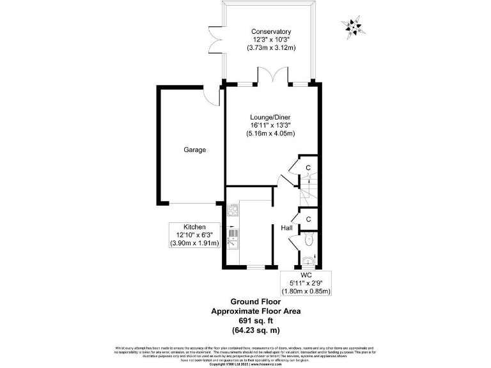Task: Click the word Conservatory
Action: (271, 32)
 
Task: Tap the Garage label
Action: (195, 150)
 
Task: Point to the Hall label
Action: (286, 227)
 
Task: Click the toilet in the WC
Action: (308, 240)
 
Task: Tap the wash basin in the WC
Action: (308, 260)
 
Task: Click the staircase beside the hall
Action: (308, 190)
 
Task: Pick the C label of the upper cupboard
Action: (308, 168)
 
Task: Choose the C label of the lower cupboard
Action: (308, 219)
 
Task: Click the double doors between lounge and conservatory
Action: (271, 77)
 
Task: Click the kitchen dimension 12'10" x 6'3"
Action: (194, 235)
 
